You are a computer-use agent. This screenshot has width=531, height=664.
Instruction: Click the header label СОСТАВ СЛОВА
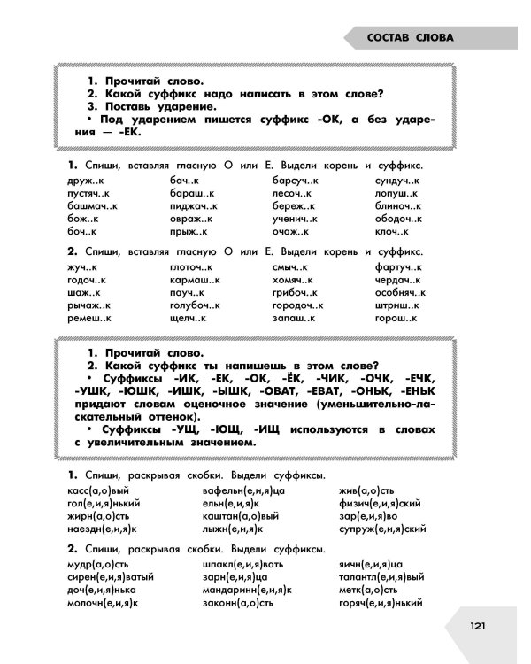[410, 38]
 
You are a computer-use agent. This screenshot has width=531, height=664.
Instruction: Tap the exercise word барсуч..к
[296, 180]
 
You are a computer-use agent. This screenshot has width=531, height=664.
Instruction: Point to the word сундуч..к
[396, 180]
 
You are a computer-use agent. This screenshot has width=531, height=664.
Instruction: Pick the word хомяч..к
[293, 279]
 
